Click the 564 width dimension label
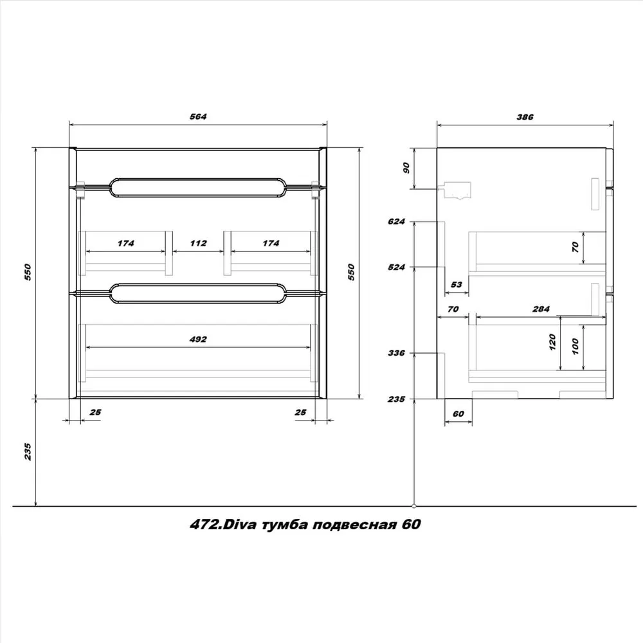pyautogui.click(x=198, y=116)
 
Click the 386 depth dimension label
pyautogui.click(x=525, y=117)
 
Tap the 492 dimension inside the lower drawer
pyautogui.click(x=198, y=339)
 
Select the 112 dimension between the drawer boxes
pyautogui.click(x=198, y=243)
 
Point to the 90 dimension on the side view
pyautogui.click(x=406, y=168)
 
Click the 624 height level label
pyautogui.click(x=396, y=222)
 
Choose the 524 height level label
pyautogui.click(x=396, y=267)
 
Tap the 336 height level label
pyautogui.click(x=396, y=352)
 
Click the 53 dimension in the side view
pyautogui.click(x=456, y=285)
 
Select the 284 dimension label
pyautogui.click(x=541, y=309)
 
